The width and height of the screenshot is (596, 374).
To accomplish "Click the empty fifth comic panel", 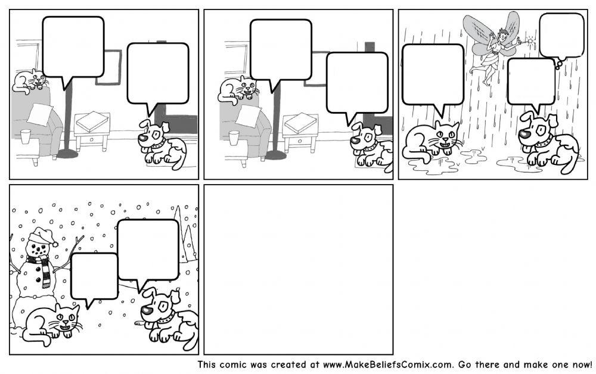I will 298,269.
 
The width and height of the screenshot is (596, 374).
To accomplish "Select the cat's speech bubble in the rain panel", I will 433,74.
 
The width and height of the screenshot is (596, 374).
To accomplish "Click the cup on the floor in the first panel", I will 25,136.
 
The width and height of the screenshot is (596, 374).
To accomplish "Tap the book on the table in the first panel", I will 92,122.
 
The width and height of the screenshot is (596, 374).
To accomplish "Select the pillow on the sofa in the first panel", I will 40,114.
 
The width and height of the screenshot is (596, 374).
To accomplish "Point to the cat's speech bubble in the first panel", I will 73,47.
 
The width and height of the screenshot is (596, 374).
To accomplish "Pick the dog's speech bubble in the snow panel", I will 148,250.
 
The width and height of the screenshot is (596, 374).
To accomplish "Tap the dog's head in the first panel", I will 151,134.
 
